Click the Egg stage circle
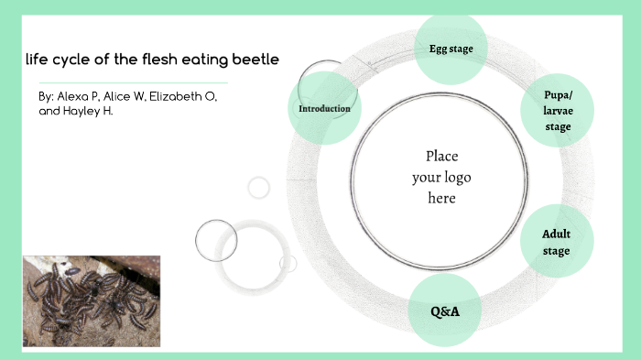pos(451,49)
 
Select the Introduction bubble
pos(324,109)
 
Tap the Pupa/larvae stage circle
pos(558,111)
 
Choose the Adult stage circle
pos(556,242)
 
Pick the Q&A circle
pos(445,311)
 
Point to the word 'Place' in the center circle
pos(441,156)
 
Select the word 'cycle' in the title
pos(71,60)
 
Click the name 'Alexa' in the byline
pos(73,96)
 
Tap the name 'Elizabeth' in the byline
pos(174,96)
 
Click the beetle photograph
pos(92,300)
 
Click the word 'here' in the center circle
pos(440,197)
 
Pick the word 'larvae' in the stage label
pos(558,111)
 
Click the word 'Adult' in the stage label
pos(556,235)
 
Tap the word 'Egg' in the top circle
pos(439,49)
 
